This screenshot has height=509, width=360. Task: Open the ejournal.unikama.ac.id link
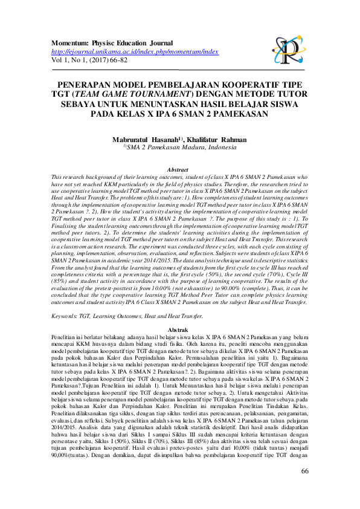(134, 52)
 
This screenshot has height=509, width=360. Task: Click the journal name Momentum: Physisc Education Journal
(112, 44)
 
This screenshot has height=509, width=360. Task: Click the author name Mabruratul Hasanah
(143, 140)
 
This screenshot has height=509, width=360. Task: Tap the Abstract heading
(179, 170)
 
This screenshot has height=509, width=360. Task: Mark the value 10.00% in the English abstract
(169, 290)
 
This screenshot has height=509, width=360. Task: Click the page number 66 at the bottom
(304, 488)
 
